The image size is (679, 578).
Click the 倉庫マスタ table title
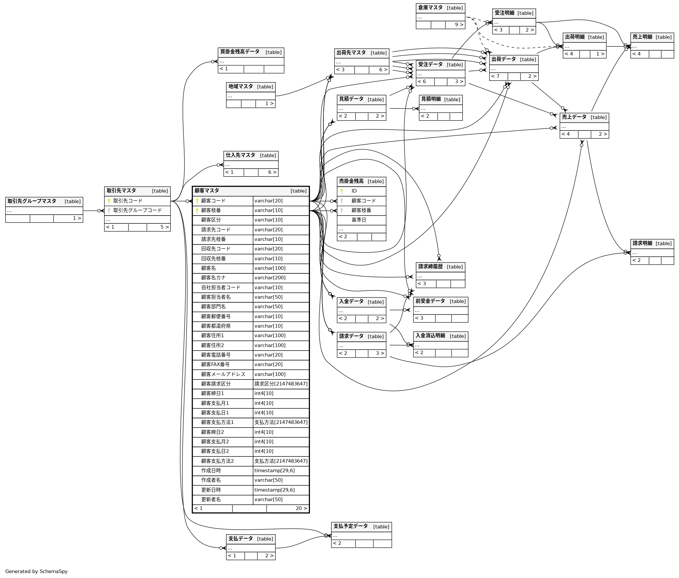430,8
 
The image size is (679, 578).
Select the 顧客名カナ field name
213,278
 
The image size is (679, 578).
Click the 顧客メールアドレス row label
223,374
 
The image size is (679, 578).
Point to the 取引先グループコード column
137,210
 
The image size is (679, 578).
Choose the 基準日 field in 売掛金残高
359,220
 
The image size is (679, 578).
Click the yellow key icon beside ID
341,191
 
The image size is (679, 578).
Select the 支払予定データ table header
350,526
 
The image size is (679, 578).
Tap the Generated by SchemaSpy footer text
36,571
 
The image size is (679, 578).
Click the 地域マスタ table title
240,86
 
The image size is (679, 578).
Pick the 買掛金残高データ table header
240,52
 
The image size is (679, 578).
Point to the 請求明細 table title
642,243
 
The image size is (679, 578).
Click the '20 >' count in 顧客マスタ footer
301,508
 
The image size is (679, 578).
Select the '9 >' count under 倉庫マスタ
459,25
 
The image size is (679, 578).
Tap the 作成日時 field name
211,471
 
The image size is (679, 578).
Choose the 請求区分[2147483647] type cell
281,384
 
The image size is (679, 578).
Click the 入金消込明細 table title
430,336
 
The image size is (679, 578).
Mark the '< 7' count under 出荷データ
495,76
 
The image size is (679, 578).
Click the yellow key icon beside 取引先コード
109,201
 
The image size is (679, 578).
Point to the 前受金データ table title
430,301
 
